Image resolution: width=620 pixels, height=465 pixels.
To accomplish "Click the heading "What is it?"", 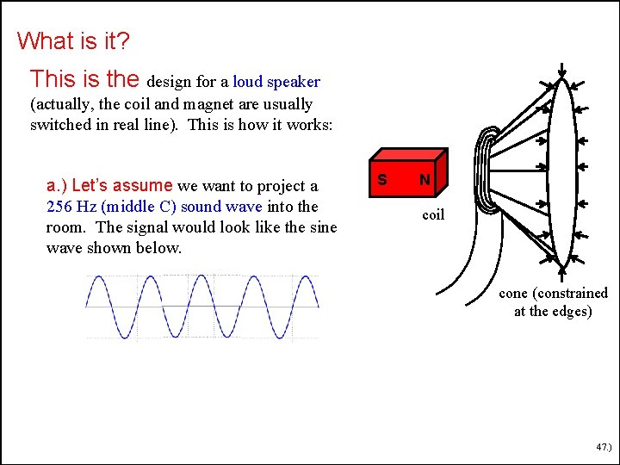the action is pyautogui.click(x=73, y=40).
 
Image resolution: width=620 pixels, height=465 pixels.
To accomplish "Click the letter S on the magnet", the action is pyautogui.click(x=381, y=180).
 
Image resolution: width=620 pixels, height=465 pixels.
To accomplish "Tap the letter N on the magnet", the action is pyautogui.click(x=424, y=180).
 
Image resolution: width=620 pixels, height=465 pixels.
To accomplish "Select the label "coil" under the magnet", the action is pyautogui.click(x=433, y=214).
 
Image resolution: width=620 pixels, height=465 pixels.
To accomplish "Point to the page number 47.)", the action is pyautogui.click(x=602, y=448).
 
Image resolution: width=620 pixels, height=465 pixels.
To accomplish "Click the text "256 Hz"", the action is pyautogui.click(x=71, y=207).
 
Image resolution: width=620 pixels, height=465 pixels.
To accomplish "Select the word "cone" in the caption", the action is pyautogui.click(x=515, y=293).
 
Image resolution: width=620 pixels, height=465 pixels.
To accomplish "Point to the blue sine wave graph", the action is pyautogui.click(x=202, y=307).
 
